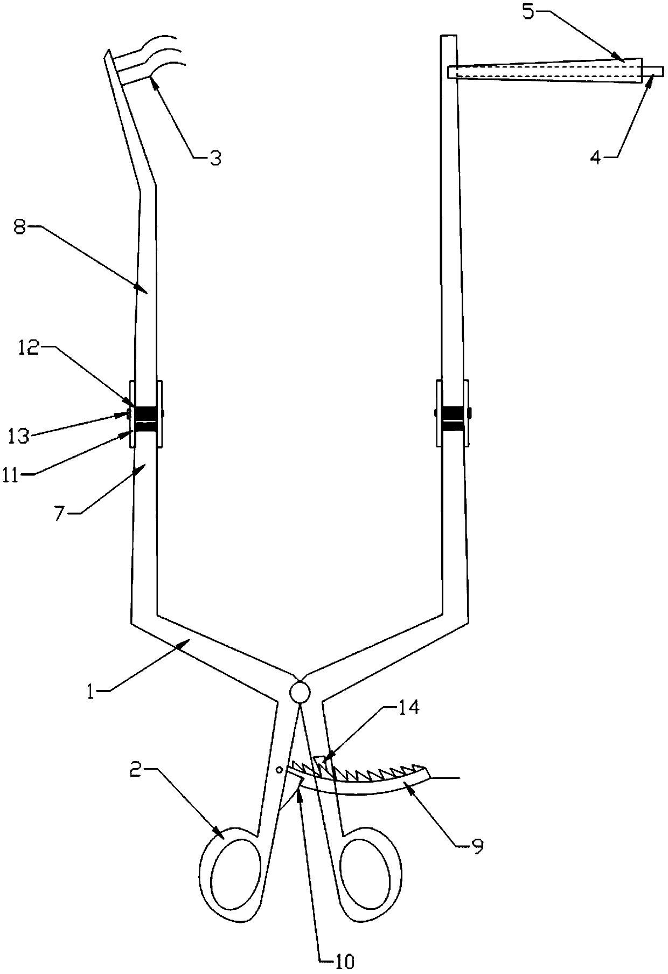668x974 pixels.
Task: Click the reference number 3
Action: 214,158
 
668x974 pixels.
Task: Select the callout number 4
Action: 595,158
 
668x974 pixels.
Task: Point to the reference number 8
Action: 19,227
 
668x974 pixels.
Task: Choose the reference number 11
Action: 19,474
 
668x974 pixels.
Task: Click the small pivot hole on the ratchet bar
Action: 279,769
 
